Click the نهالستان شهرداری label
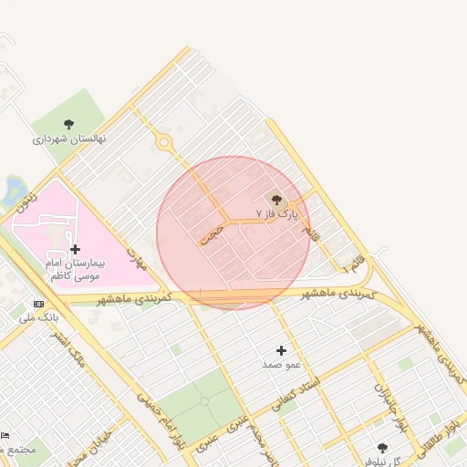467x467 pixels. pos(69,139)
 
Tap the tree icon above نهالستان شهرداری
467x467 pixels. pos(69,124)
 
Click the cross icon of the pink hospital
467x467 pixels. pos(75,249)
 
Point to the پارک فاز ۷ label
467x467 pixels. pos(276,213)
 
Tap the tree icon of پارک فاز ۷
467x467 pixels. pos(276,200)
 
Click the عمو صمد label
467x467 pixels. pos(281,365)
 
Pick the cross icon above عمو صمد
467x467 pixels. pos(281,350)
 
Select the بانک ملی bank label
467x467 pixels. pos(39,317)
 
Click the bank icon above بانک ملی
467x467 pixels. pos(38,304)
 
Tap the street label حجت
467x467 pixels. pos(212,233)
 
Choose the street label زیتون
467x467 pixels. pos(28,200)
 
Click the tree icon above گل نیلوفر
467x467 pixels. pos(382,448)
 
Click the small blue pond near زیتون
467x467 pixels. pos(13,190)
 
